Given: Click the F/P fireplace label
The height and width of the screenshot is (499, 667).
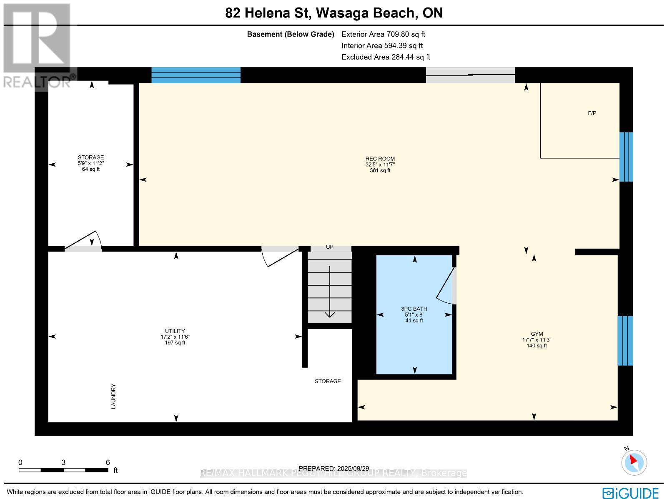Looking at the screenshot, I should pyautogui.click(x=592, y=113).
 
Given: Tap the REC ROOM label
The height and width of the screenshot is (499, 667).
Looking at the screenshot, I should pyautogui.click(x=380, y=159).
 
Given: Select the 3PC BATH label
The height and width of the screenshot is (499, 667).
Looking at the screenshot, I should pyautogui.click(x=414, y=309).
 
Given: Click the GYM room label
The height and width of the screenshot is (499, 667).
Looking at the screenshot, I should pyautogui.click(x=537, y=334).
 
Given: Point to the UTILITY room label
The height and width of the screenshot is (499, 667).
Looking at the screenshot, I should pyautogui.click(x=175, y=331).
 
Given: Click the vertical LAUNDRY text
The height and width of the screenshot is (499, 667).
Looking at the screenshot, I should pyautogui.click(x=113, y=396).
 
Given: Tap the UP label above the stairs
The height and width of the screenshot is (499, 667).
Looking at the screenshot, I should pyautogui.click(x=330, y=247).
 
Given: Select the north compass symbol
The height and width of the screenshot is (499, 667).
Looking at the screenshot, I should pyautogui.click(x=634, y=462).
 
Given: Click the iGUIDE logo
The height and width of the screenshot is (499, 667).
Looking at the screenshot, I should pyautogui.click(x=631, y=493).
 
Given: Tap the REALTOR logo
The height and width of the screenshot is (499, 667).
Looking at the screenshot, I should pyautogui.click(x=38, y=46).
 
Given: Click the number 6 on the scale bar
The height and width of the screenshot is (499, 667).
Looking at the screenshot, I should pyautogui.click(x=108, y=462).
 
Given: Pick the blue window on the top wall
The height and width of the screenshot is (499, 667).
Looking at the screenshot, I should pyautogui.click(x=196, y=75).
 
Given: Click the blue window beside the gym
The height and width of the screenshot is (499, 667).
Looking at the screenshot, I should pyautogui.click(x=625, y=340).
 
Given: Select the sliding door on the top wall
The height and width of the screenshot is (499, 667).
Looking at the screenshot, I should pyautogui.click(x=470, y=75).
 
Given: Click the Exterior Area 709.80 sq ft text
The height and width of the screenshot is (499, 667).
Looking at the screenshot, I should pyautogui.click(x=383, y=35).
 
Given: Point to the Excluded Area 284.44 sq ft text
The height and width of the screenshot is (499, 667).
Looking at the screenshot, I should pyautogui.click(x=386, y=57).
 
